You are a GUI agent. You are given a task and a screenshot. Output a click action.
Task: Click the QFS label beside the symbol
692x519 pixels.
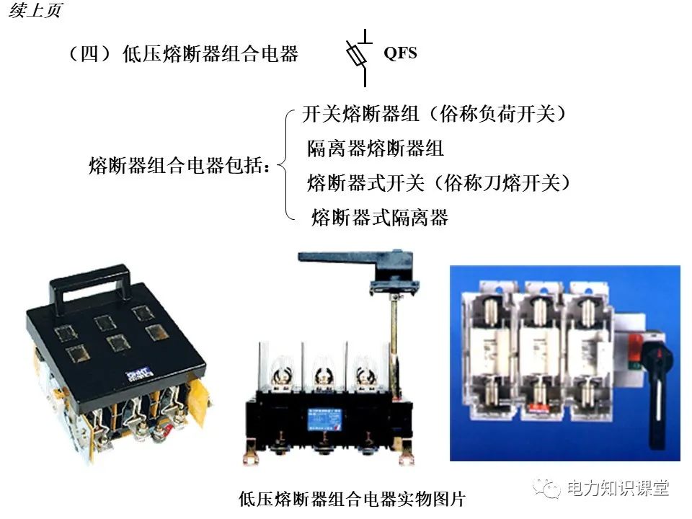pos(400,53)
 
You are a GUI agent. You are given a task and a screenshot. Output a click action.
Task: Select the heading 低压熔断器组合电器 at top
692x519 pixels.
pos(183,54)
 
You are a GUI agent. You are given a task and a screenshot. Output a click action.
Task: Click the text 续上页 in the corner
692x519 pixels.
pos(35,12)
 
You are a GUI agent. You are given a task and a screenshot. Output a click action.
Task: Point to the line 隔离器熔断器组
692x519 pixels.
pos(375,148)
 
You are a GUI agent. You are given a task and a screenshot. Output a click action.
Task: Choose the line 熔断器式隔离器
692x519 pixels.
pos(379,218)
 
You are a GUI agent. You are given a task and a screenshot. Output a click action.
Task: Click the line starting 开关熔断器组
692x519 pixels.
pos(434,114)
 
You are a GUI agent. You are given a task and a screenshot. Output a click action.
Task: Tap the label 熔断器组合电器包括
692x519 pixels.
pos(180,167)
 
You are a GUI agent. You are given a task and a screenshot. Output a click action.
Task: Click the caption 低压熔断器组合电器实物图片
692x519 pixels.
pos(352,499)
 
